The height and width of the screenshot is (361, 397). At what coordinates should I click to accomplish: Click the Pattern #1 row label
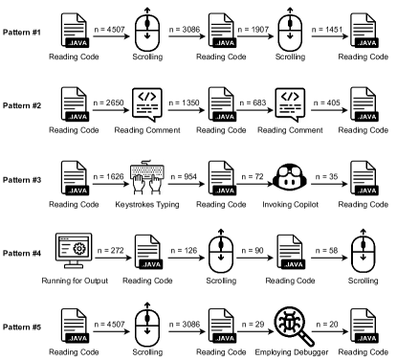(x=22, y=33)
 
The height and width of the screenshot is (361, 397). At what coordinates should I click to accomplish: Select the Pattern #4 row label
(x=22, y=254)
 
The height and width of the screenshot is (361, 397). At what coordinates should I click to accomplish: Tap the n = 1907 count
(x=254, y=30)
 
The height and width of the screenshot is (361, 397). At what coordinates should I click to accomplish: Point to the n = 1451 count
(x=327, y=30)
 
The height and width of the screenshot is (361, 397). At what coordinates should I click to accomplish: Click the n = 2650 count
(x=108, y=102)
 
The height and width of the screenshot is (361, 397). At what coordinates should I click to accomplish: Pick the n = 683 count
(x=253, y=102)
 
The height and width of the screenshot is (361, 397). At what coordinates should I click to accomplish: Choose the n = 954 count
(x=184, y=176)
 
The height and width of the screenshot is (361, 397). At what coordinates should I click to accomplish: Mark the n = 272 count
(x=110, y=251)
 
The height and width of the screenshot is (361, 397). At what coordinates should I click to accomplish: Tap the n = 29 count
(x=254, y=325)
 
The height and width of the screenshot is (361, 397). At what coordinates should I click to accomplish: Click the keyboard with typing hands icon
(x=147, y=177)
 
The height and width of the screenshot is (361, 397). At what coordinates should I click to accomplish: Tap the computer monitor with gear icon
(x=74, y=251)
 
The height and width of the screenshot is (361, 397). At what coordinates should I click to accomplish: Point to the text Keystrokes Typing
(x=147, y=205)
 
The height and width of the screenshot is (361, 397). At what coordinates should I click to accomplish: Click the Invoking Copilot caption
(x=291, y=205)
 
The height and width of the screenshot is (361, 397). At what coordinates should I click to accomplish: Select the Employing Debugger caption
(x=292, y=352)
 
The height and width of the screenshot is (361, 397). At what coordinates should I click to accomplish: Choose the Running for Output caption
(x=75, y=281)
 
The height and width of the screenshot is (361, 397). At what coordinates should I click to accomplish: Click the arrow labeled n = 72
(x=255, y=184)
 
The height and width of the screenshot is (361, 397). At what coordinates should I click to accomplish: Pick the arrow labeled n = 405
(x=329, y=110)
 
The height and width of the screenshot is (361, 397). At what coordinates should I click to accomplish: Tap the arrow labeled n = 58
(x=329, y=258)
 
